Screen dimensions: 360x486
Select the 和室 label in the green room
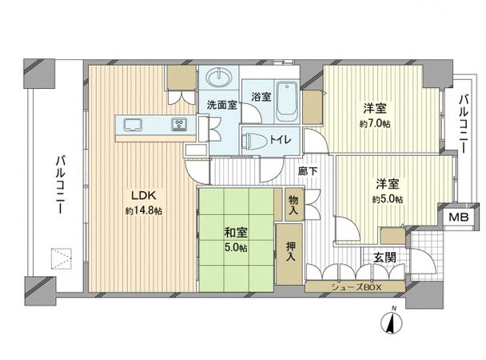click(234, 232)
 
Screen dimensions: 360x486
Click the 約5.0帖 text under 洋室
click(388, 198)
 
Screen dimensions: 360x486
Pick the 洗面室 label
click(221, 104)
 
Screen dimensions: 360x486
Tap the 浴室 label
click(261, 98)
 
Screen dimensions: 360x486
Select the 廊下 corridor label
click(309, 170)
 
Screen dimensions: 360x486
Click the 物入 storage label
click(293, 207)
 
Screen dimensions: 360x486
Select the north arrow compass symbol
click(392, 322)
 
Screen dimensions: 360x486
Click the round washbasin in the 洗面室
click(218, 78)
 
